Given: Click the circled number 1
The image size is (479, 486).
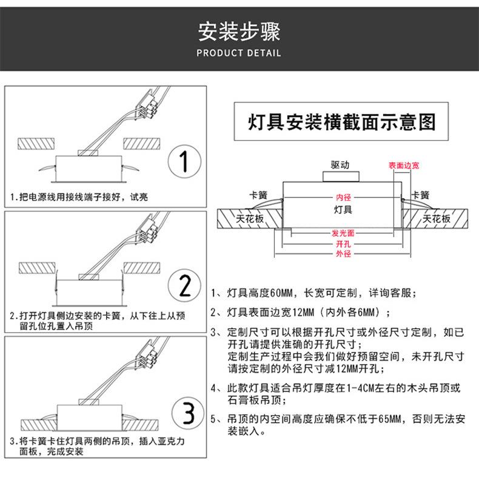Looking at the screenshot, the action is pos(184,161).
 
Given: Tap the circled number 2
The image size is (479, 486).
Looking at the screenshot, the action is pos(184,285).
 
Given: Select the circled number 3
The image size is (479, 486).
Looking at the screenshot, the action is pos(188,413).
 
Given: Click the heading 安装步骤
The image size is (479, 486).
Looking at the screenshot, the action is pos(239,32).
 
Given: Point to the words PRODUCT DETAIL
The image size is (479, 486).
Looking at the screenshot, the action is pos(239,53).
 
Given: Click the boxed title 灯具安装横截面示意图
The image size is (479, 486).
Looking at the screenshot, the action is pos(341,122).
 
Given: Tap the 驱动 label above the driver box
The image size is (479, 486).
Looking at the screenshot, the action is pos(340,165).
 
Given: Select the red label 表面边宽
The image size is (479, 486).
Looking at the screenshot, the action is pos(404,165).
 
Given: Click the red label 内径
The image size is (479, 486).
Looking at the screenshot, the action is pos(343,198).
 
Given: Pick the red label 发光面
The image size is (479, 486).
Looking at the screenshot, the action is pos(343,233).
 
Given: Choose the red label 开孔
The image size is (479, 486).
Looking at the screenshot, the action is pos(343,244).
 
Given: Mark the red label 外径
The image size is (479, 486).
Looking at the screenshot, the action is pos(343,254).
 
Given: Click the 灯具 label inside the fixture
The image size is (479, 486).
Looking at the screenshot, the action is pos(343,210).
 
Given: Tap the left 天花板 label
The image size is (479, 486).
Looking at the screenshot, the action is pos(250,219).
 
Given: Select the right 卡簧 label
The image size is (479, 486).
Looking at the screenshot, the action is pos(420,195).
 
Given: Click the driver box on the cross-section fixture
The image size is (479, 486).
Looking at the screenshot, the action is pos(341,177).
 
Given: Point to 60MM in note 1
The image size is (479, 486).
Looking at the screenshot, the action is pos(281,293).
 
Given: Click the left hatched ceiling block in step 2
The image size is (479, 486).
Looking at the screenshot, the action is pos(37,268).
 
